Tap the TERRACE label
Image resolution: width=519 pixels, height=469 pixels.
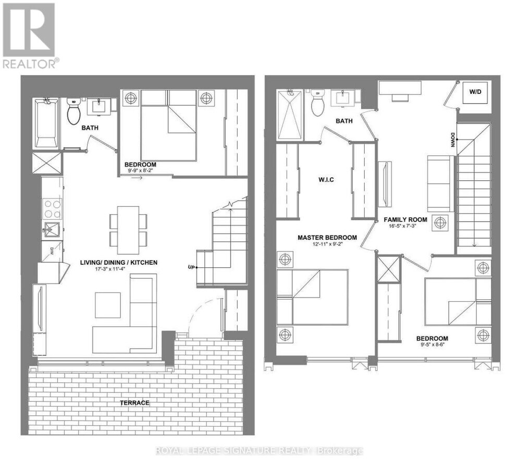(133, 402)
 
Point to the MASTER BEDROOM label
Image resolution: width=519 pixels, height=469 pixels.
(327, 238)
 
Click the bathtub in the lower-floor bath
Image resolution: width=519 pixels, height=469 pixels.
(46, 123)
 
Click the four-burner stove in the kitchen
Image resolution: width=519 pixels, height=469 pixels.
(53, 208)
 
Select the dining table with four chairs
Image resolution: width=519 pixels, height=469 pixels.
(128, 229)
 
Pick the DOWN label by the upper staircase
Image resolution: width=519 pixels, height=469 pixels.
(452, 140)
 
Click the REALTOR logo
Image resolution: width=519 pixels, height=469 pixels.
(30, 35)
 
